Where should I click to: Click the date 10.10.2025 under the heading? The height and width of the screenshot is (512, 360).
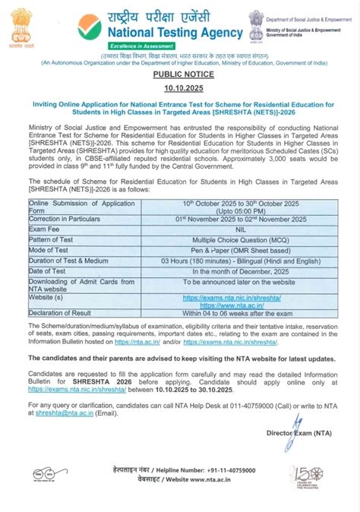[179, 90]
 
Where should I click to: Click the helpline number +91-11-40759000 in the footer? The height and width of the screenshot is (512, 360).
[211, 472]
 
